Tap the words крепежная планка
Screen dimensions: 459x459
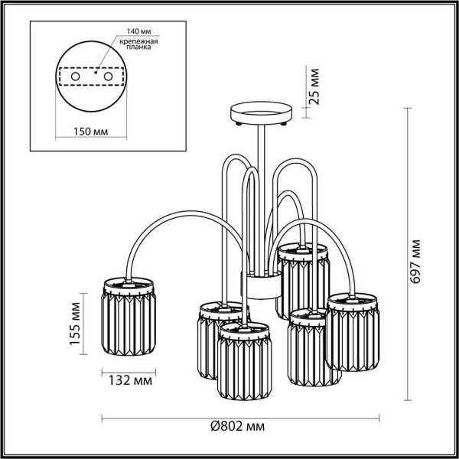[133, 44]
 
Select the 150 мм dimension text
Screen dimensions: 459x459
[91, 132]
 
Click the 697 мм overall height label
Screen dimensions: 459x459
[416, 261]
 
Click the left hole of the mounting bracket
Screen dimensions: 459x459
[75, 78]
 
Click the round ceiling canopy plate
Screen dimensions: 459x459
[261, 112]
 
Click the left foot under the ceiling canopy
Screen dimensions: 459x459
[239, 123]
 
